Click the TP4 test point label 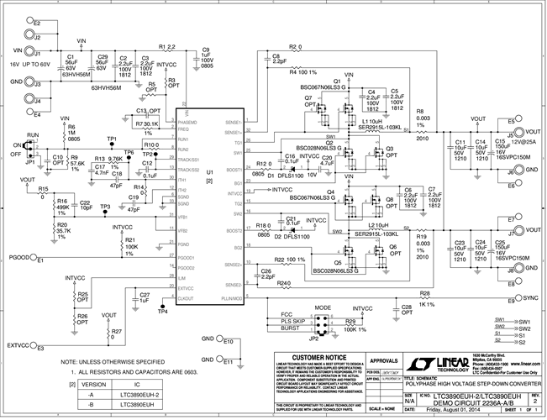point(162,312)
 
